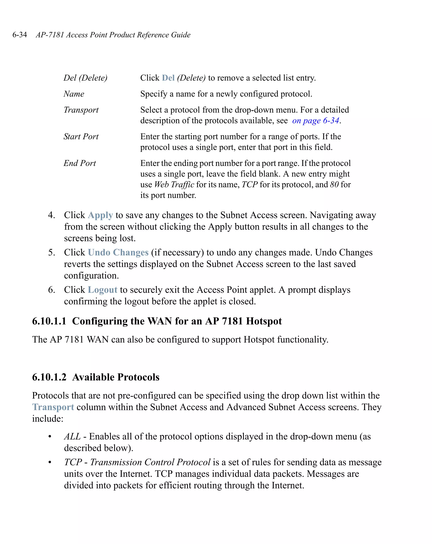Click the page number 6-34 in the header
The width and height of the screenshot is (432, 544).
20,35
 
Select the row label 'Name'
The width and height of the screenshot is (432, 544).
74,94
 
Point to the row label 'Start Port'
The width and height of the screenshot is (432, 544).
81,136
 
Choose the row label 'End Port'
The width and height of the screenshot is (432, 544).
80,163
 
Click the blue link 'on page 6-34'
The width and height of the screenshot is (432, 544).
315,121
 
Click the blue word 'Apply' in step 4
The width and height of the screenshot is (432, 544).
100,215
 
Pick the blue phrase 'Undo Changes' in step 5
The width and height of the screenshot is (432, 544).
118,252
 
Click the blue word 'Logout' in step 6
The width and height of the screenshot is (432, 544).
103,290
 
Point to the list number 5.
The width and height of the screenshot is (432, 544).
51,252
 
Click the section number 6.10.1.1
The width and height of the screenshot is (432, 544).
49,321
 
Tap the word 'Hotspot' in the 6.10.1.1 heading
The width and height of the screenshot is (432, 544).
264,321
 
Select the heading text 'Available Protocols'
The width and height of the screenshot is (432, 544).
116,377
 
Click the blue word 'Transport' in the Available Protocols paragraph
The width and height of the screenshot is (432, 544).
53,407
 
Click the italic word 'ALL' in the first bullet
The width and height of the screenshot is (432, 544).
72,436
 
